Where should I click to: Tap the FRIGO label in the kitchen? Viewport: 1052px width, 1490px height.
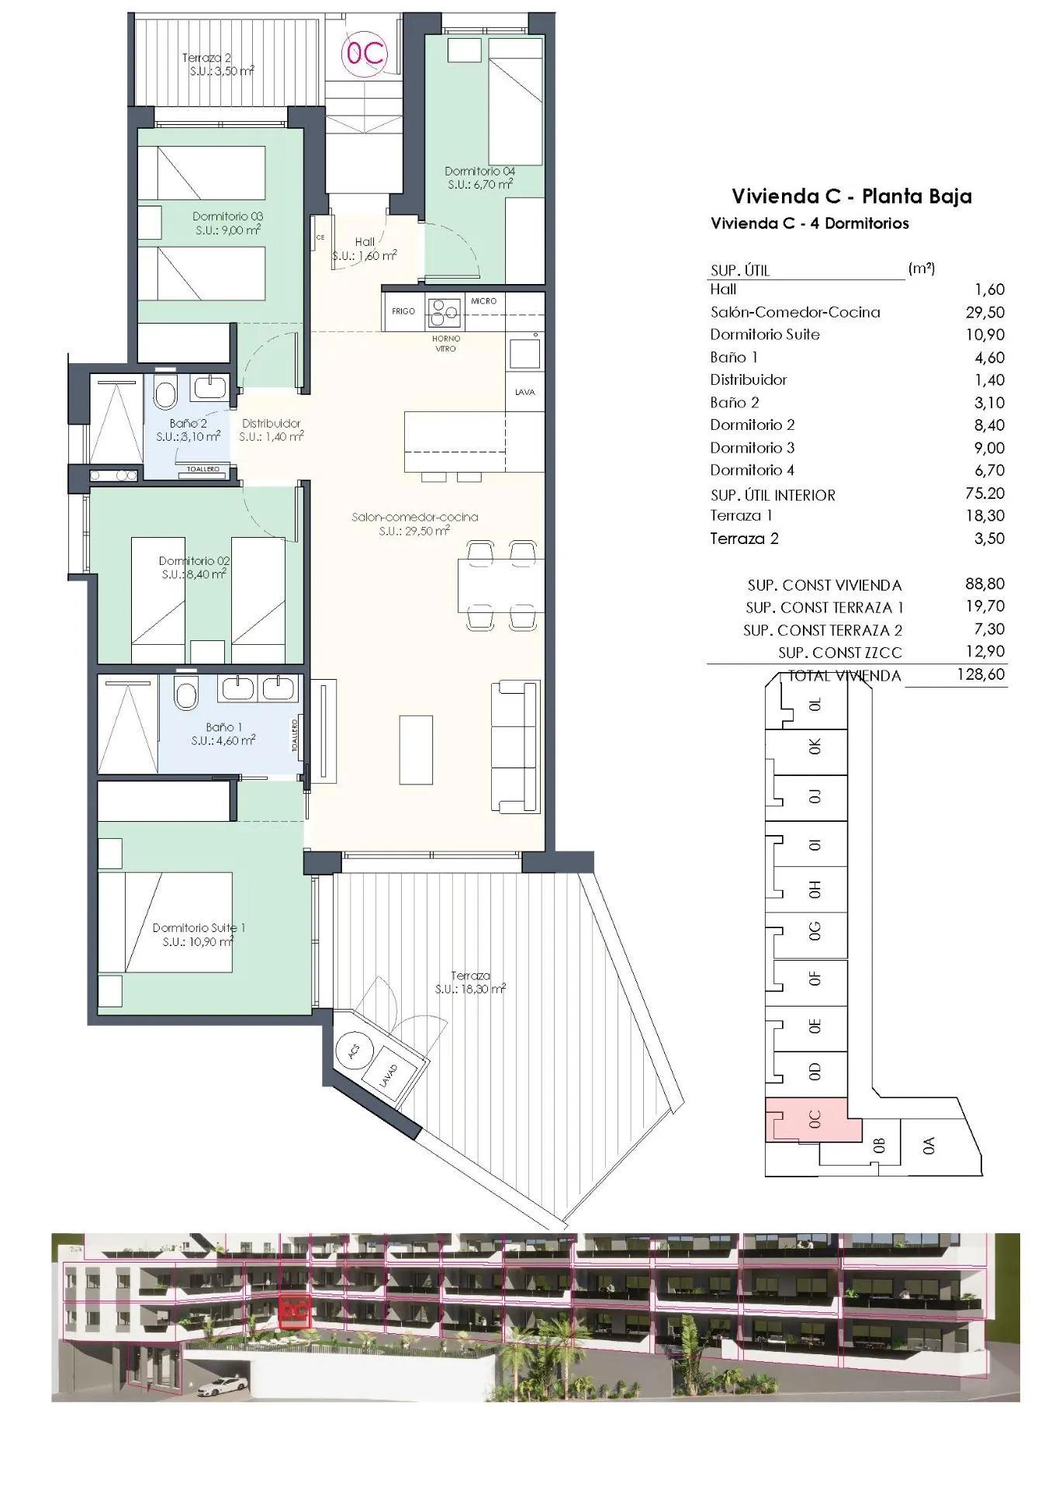403,311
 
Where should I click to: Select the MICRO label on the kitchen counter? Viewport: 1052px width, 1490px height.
483,300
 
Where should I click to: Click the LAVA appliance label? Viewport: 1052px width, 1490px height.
524,392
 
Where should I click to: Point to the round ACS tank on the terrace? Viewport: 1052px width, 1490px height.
354,1052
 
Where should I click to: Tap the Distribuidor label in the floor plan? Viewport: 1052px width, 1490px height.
271,424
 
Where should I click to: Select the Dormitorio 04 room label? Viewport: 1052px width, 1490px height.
479,172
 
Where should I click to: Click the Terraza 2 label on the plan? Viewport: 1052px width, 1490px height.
206,57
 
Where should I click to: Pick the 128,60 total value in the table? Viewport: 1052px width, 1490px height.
981,674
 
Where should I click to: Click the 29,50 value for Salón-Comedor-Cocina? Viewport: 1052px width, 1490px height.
989,312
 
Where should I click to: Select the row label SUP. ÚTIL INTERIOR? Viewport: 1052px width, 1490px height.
772,494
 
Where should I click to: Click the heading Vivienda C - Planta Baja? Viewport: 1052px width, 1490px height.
851,196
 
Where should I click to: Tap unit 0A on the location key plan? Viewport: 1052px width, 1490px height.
929,1145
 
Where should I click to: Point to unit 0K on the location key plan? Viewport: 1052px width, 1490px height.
814,747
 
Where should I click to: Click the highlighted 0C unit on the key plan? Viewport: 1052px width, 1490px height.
813,1119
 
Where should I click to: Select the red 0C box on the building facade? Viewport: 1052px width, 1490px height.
294,1310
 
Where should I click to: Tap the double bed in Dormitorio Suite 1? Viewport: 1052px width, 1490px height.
166,922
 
